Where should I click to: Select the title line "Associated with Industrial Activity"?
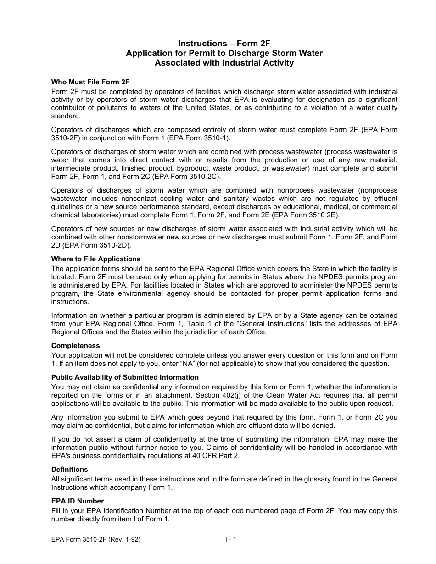(x=224, y=63)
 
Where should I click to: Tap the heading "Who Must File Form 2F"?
(x=90, y=83)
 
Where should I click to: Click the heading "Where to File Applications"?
(x=96, y=259)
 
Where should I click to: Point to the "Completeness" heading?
(x=75, y=346)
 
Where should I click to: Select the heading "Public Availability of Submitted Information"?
(x=125, y=377)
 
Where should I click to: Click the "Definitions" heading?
(x=69, y=470)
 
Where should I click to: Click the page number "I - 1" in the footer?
(x=230, y=540)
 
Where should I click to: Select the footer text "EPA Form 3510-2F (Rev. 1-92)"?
(x=96, y=540)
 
